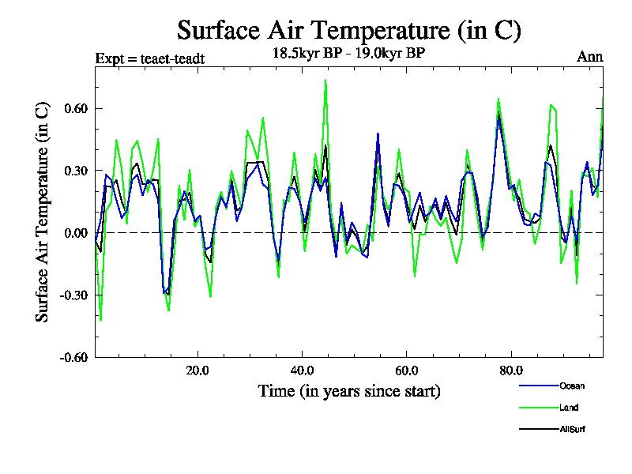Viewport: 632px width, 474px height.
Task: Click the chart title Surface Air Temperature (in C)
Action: [349, 31]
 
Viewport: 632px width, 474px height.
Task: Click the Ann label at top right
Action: [590, 57]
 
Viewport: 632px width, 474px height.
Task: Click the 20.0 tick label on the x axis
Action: [197, 371]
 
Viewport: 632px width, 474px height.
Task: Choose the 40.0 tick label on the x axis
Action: [302, 371]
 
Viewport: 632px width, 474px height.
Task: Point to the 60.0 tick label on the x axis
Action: [406, 371]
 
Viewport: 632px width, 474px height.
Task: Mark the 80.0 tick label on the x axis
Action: [511, 371]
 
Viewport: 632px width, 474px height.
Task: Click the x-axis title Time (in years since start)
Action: [348, 391]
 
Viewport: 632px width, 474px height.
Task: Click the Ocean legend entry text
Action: [572, 386]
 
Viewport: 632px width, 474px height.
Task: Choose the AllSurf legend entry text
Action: [573, 429]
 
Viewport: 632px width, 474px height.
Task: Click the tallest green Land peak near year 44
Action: [325, 81]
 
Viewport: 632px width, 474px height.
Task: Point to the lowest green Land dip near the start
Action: [101, 320]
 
